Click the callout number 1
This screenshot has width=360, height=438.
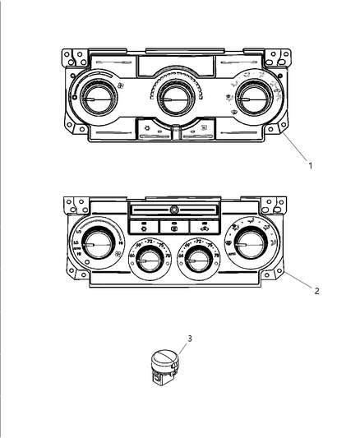pos(310,165)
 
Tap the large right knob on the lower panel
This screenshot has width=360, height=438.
pos(251,243)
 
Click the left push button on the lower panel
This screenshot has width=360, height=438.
pos(144,225)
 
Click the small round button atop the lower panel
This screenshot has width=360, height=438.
pos(174,211)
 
